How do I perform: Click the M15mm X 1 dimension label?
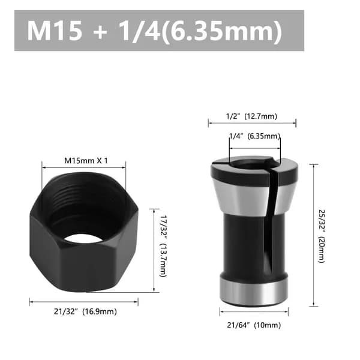[86, 161]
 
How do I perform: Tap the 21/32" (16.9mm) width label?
[85, 311]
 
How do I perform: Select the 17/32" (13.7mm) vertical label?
[163, 246]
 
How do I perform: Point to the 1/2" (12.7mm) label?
[251, 116]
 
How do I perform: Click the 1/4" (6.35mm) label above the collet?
[255, 136]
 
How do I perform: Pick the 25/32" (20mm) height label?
[322, 236]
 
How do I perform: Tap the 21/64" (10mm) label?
[254, 325]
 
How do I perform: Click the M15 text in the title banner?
[55, 31]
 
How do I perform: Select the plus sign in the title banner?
[100, 31]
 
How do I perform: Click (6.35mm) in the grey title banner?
[222, 31]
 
